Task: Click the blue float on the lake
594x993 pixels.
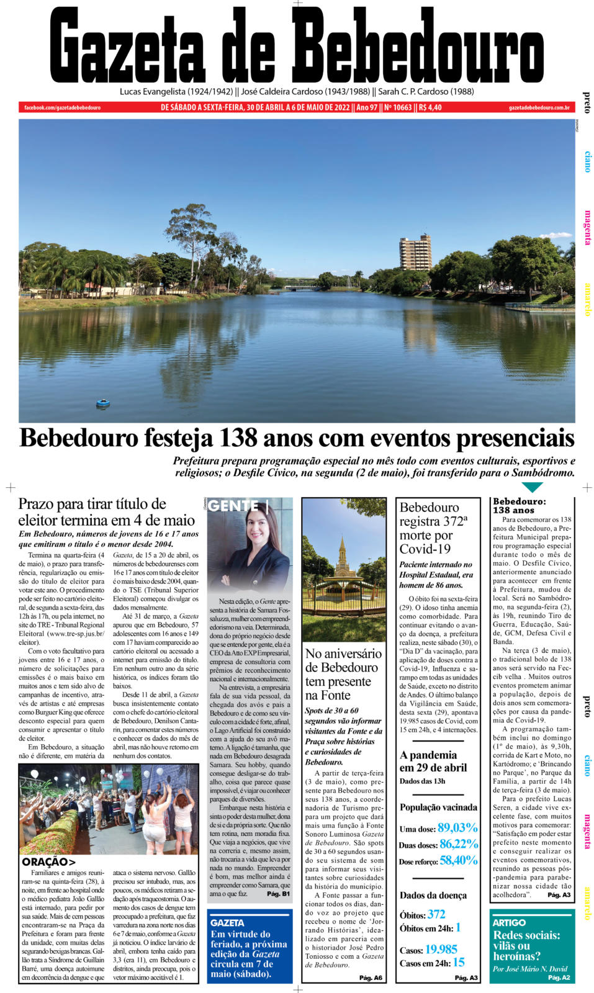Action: tap(103, 404)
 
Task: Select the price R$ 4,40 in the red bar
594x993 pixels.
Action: tap(430, 107)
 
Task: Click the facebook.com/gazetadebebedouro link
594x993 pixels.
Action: tap(62, 107)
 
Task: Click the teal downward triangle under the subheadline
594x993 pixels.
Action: tap(532, 487)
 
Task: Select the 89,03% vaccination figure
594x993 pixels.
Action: tap(457, 828)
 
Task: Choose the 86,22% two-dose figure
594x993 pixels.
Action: tap(459, 844)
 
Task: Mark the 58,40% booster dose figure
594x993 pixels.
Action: tap(459, 860)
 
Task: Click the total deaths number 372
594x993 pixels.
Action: tap(436, 914)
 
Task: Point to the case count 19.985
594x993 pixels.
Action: tap(441, 950)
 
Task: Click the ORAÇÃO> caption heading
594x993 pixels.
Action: tap(48, 861)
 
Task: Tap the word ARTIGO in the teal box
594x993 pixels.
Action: tap(509, 923)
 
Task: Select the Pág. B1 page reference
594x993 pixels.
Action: tap(278, 894)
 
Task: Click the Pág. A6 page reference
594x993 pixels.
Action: tap(371, 978)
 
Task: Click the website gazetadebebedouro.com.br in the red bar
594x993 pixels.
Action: tap(539, 107)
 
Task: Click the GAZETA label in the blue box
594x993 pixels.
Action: tap(227, 923)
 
